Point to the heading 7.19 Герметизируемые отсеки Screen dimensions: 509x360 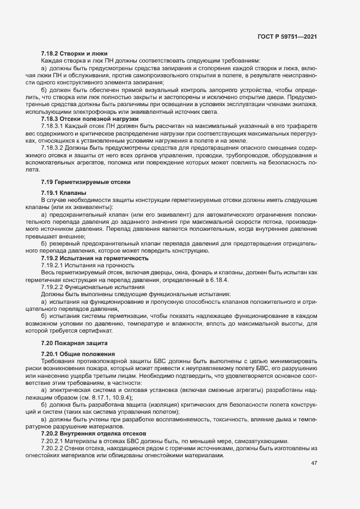[86, 182]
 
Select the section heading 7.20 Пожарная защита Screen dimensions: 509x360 [75, 343]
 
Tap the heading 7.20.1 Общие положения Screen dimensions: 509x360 [76, 354]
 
